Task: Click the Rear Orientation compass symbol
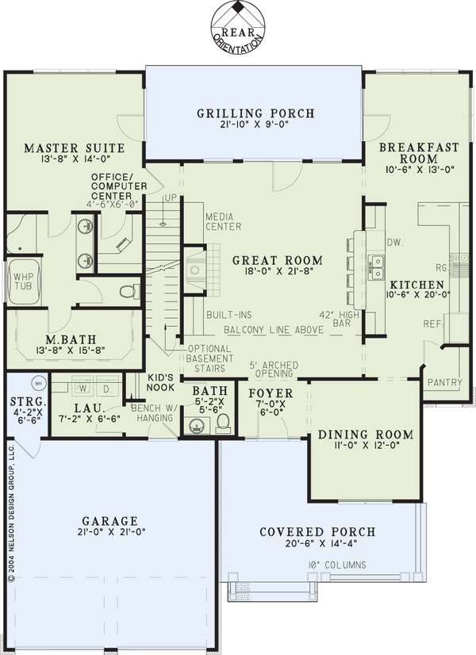[238, 27]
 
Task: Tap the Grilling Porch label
[255, 113]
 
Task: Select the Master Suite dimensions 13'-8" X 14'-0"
[75, 159]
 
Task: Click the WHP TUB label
[22, 282]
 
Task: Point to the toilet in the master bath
[129, 291]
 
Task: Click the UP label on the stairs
[171, 197]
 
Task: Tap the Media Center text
[223, 222]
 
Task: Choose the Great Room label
[278, 260]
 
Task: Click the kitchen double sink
[376, 267]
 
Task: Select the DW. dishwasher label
[395, 243]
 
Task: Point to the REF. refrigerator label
[432, 324]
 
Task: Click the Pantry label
[445, 382]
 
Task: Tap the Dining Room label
[366, 435]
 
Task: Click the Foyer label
[271, 393]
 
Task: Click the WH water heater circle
[38, 383]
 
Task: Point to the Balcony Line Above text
[274, 330]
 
